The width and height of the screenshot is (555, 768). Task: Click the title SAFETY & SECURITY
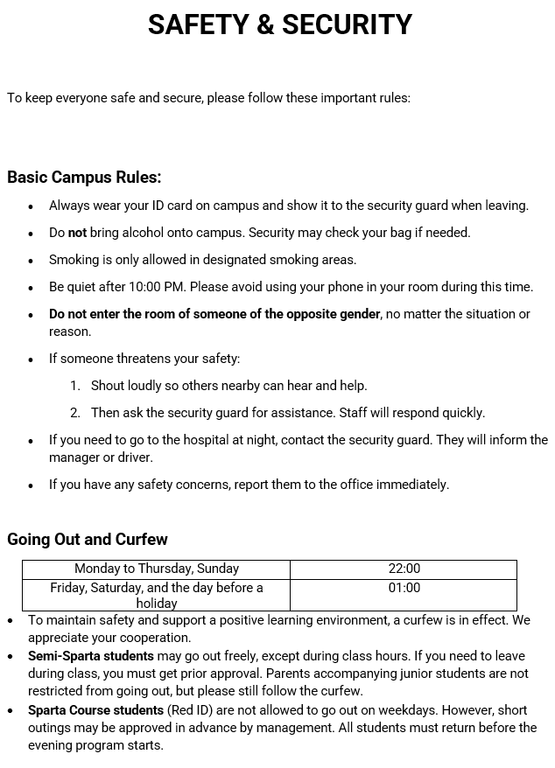pos(279,25)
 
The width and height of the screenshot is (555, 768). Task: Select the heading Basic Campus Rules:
pos(84,178)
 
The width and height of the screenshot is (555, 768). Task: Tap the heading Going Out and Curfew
pos(88,540)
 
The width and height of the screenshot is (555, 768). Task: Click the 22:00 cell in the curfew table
pos(404,569)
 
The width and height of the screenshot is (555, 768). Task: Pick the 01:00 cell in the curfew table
pos(404,589)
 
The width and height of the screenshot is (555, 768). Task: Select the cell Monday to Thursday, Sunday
pos(157,569)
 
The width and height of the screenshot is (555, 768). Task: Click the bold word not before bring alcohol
pos(78,233)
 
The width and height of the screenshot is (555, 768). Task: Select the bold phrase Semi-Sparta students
pos(91,656)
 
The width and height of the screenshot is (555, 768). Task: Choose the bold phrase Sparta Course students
pos(95,710)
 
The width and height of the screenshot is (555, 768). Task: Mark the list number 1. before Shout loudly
pos(75,386)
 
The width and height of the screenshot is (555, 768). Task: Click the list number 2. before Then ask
pos(75,413)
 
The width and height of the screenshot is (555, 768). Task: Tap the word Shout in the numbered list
pos(109,386)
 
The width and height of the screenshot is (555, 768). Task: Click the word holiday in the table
pos(157,604)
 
